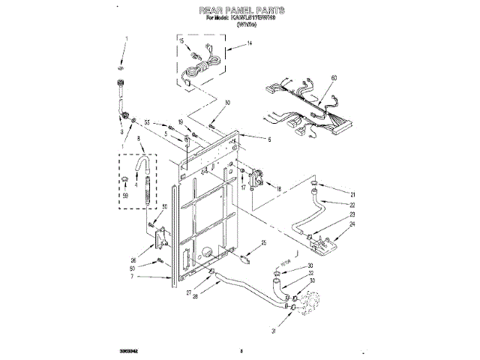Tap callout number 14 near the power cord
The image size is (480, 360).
pos(250,45)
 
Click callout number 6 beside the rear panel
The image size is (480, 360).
pos(268,139)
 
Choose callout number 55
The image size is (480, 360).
pos(148,122)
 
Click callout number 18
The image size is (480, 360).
pos(278,190)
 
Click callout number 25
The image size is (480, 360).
pos(265,242)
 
